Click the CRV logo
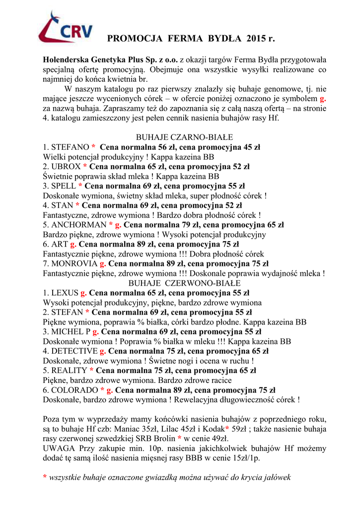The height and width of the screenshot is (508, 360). [x=66, y=29]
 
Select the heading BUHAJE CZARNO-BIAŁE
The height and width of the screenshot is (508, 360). [x=184, y=137]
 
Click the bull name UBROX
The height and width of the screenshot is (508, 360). [x=66, y=166]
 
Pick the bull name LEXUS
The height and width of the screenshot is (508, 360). [x=65, y=293]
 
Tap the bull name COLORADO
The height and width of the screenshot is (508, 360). [x=74, y=390]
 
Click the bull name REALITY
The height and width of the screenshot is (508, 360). [x=69, y=371]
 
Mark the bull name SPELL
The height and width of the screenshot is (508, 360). [x=64, y=186]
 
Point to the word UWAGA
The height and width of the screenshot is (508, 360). [x=59, y=448]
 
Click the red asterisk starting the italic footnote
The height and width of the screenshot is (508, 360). [x=45, y=478]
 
